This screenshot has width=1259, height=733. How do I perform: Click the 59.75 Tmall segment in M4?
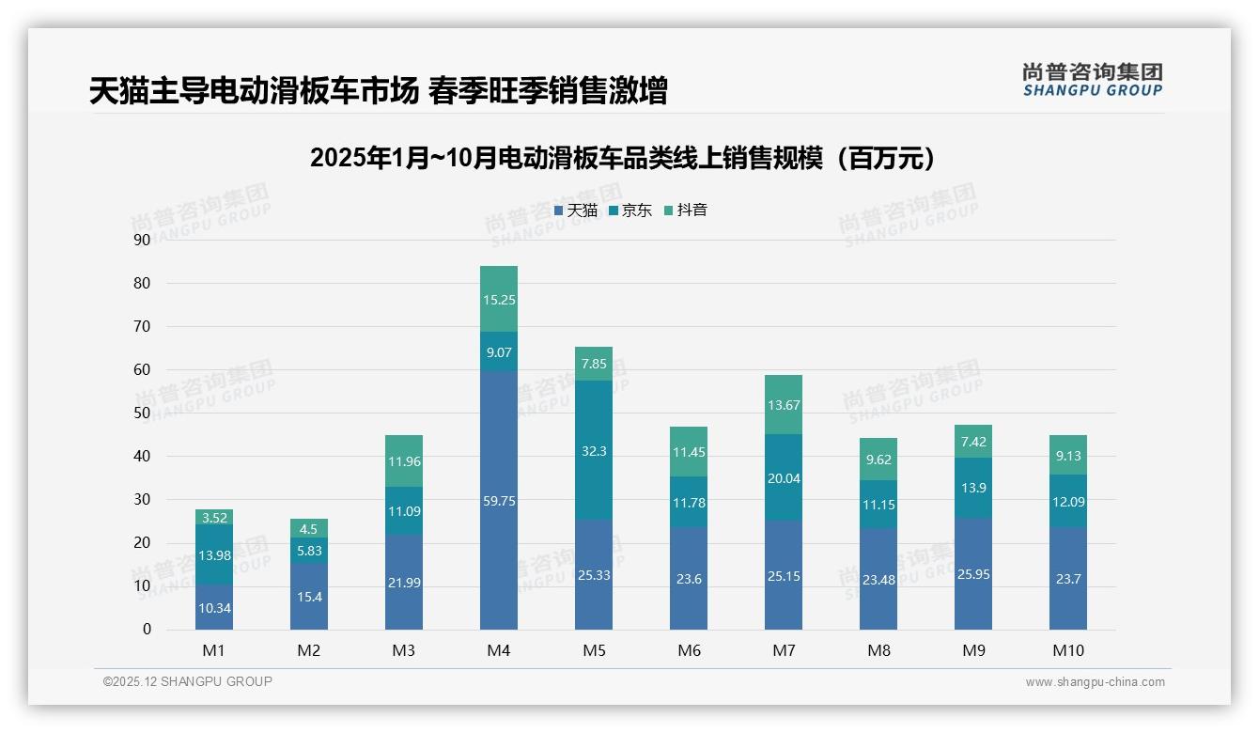tap(498, 500)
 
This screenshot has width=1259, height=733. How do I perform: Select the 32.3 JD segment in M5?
tap(593, 451)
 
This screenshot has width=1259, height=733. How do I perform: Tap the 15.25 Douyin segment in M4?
tap(498, 299)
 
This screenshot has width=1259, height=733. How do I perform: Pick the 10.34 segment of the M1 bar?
tap(214, 607)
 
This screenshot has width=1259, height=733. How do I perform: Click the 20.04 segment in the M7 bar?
tap(783, 477)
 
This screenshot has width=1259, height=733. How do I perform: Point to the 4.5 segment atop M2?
tap(309, 527)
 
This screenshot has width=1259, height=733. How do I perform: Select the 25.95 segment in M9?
tap(972, 573)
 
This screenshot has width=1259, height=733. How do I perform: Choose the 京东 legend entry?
tap(629, 211)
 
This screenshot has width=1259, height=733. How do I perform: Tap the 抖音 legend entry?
tap(685, 211)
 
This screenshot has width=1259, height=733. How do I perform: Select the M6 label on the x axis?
tap(688, 650)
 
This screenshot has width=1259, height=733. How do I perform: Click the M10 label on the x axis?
tap(1067, 650)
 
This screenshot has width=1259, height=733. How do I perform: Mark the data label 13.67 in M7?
tap(783, 404)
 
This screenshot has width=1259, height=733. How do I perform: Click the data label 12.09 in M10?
tap(1067, 502)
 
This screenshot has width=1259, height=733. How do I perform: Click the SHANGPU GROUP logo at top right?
tap(1092, 80)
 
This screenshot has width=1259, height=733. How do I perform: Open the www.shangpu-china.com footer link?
tap(1095, 682)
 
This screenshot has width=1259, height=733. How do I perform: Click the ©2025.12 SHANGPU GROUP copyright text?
tap(187, 682)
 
